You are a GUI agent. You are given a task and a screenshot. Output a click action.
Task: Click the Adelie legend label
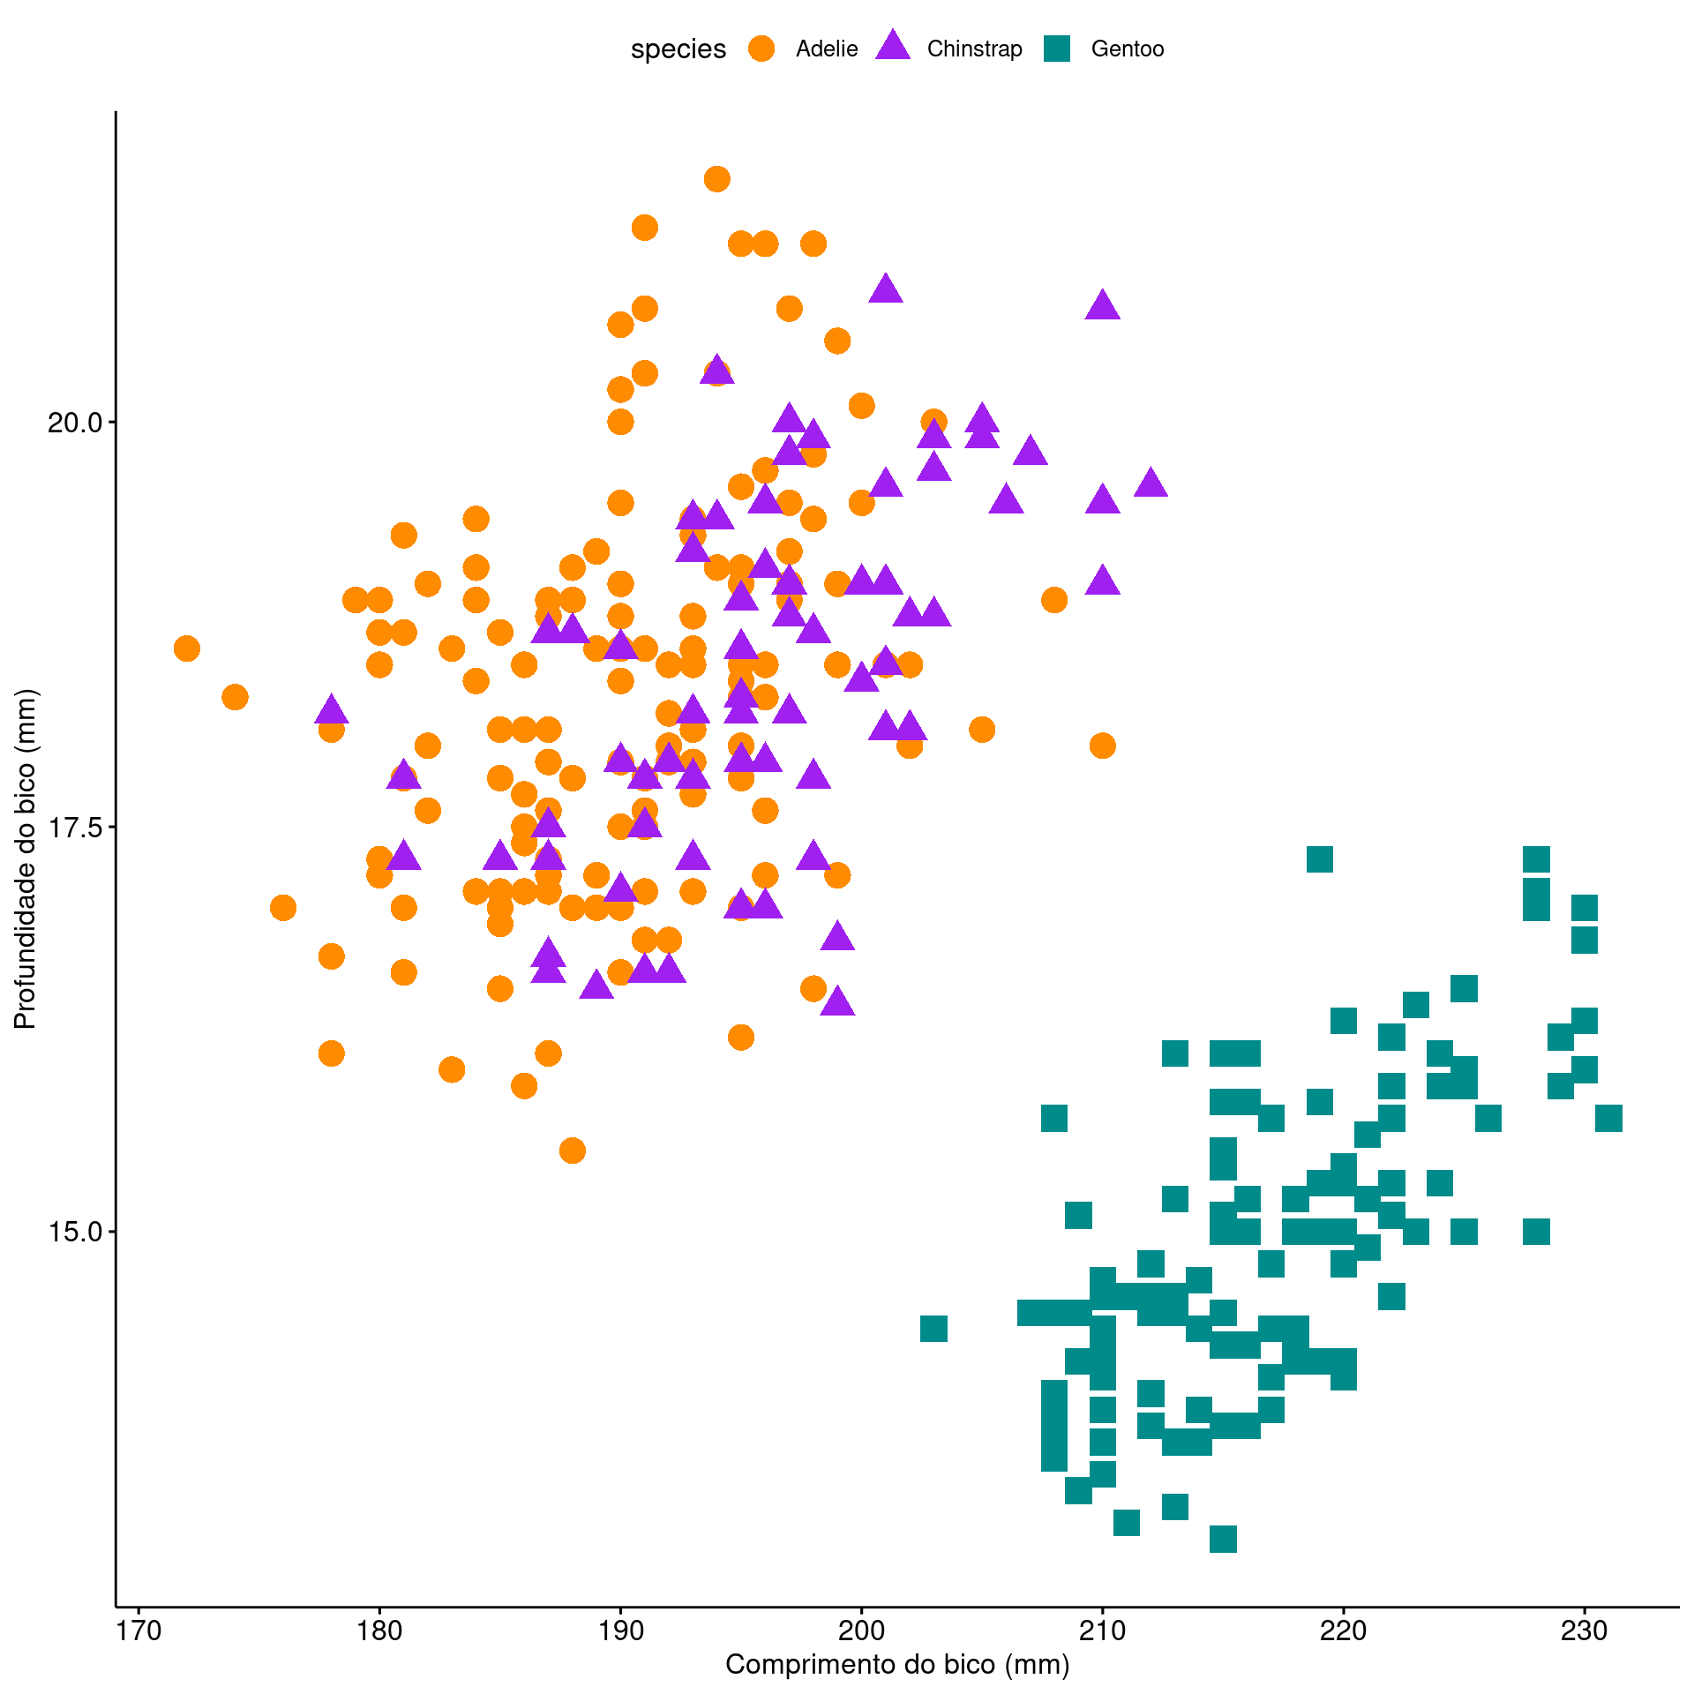pyautogui.click(x=826, y=49)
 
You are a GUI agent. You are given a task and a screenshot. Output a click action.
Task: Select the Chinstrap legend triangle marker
pyautogui.click(x=893, y=47)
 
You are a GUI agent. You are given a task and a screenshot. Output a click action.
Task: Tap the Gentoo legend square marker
pyautogui.click(x=1057, y=49)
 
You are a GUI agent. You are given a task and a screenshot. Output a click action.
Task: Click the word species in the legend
pyautogui.click(x=678, y=49)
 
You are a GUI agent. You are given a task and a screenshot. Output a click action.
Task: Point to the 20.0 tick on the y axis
pyautogui.click(x=74, y=422)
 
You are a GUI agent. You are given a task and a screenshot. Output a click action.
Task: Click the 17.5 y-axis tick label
pyautogui.click(x=74, y=827)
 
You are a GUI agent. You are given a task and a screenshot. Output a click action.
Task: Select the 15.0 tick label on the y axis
pyautogui.click(x=74, y=1232)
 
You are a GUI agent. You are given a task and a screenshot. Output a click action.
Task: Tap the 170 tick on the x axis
pyautogui.click(x=139, y=1630)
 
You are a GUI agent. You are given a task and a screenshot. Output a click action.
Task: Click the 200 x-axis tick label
pyautogui.click(x=861, y=1630)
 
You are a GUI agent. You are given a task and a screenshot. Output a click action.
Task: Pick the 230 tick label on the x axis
pyautogui.click(x=1585, y=1630)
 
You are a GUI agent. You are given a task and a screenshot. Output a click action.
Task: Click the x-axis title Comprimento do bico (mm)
pyautogui.click(x=897, y=1664)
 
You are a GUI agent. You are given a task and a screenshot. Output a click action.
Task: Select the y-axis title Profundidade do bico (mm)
pyautogui.click(x=26, y=859)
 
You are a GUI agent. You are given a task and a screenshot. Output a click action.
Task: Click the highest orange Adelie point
pyautogui.click(x=717, y=179)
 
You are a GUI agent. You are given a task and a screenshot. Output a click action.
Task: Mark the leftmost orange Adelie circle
pyautogui.click(x=187, y=648)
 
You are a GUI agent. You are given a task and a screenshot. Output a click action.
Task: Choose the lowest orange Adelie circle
pyautogui.click(x=573, y=1151)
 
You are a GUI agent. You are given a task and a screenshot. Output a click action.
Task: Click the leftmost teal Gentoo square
pyautogui.click(x=933, y=1328)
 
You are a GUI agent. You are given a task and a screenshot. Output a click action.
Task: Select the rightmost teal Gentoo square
pyautogui.click(x=1608, y=1119)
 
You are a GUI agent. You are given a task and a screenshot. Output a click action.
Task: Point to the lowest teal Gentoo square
pyautogui.click(x=1223, y=1539)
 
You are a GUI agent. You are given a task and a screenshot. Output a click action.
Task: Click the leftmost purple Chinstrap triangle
pyautogui.click(x=331, y=709)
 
